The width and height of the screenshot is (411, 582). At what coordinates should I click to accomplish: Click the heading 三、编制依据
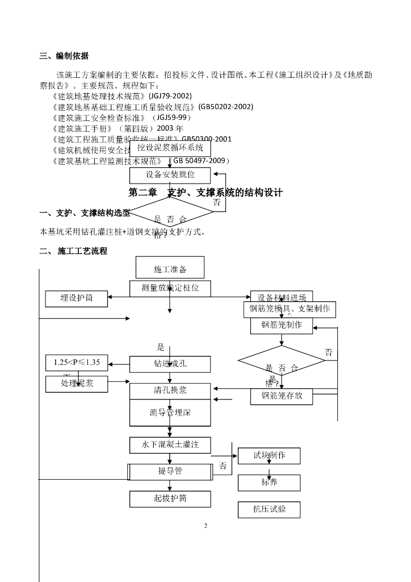(x=64, y=56)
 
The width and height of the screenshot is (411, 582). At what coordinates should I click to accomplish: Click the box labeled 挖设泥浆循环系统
(x=170, y=148)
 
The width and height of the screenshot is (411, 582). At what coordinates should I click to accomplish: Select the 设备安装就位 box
(x=170, y=175)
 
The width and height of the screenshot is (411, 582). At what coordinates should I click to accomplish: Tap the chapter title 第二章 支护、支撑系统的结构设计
(x=205, y=193)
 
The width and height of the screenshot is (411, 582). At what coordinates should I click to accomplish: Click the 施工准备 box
(x=170, y=268)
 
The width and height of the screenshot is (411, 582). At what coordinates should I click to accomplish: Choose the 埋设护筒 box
(x=77, y=298)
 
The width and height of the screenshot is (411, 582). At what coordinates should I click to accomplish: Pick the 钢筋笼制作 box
(x=282, y=326)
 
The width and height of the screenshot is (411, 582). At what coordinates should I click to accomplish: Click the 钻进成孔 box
(x=170, y=364)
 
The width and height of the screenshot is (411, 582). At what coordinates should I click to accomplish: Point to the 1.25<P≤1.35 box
(x=77, y=363)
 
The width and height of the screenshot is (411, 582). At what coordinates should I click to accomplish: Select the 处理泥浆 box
(x=77, y=384)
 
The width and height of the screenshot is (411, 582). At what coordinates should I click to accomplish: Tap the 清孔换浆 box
(x=170, y=391)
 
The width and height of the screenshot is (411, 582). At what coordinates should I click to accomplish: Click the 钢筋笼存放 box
(x=282, y=396)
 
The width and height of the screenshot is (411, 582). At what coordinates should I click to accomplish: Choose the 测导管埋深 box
(x=170, y=413)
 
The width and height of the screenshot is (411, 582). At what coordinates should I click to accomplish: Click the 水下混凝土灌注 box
(x=170, y=444)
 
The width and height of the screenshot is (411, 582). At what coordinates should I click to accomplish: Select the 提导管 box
(x=170, y=472)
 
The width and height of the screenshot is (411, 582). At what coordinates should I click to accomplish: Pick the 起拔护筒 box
(x=170, y=499)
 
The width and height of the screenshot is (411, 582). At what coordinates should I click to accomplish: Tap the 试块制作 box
(x=269, y=456)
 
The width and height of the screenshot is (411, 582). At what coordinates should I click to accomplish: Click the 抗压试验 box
(x=269, y=510)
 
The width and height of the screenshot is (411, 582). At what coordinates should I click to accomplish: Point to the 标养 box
(x=269, y=483)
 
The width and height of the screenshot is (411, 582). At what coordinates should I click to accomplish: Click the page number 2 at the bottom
(x=205, y=526)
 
